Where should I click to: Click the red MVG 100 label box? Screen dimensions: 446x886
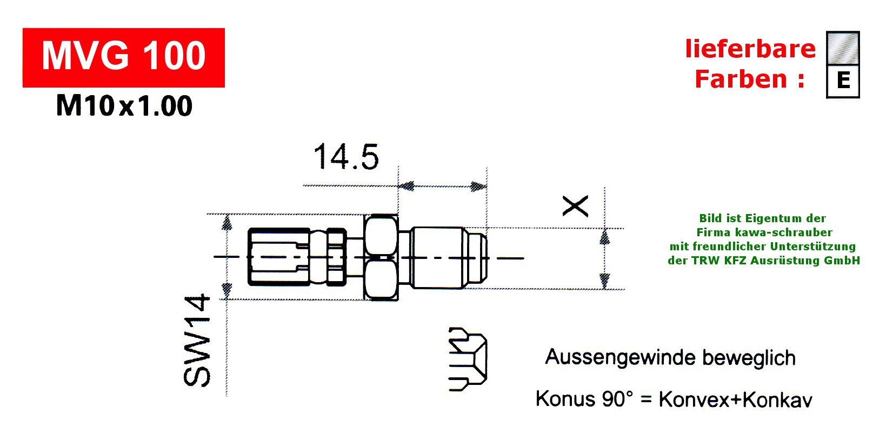point(123,57)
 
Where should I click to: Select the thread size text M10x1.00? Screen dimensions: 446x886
point(124,106)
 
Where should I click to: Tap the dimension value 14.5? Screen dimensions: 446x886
point(346,157)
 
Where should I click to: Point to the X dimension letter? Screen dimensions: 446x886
point(575,206)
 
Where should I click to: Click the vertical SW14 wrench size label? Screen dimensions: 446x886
point(197,340)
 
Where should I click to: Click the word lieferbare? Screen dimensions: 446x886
point(750,49)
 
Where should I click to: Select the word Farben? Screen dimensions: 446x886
point(741,79)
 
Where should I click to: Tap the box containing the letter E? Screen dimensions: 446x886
point(843,81)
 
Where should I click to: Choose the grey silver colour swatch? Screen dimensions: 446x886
point(843,48)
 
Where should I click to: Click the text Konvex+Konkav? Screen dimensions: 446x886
point(735,400)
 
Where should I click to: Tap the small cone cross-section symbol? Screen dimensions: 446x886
point(468,359)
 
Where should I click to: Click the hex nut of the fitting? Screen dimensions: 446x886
point(381,257)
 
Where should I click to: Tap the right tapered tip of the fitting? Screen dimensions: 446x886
point(477,257)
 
